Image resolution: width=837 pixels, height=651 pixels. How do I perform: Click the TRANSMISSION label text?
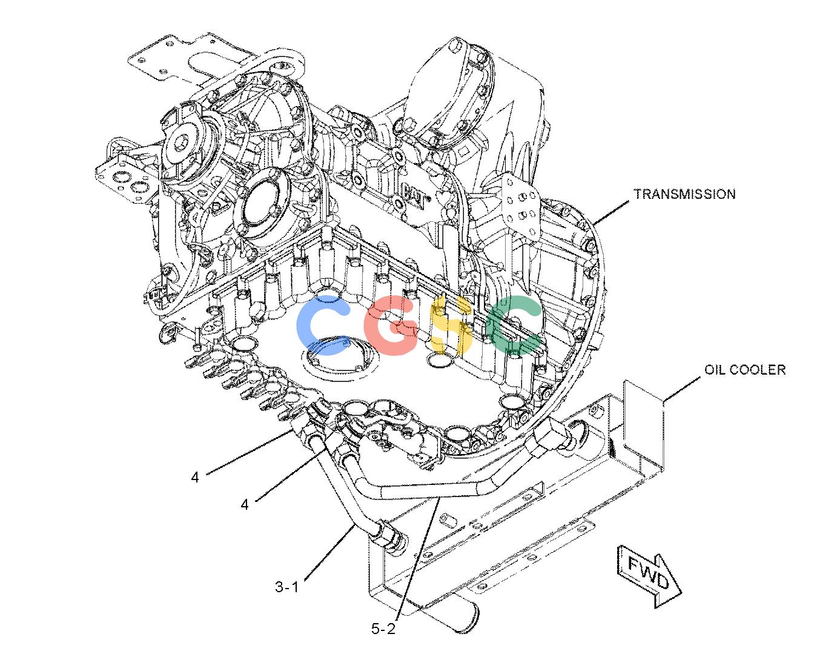684,194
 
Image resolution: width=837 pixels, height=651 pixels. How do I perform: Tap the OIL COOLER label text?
745,370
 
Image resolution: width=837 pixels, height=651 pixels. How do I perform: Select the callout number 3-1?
287,587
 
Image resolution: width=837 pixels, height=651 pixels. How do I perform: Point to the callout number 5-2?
383,629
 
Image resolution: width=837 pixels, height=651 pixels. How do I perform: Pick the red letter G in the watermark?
391,326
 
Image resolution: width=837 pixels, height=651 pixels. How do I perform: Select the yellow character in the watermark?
451,326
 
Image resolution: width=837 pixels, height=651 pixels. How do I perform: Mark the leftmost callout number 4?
195,478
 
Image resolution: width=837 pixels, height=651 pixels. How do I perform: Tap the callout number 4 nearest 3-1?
245,504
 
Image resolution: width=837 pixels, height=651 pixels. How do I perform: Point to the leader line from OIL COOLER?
682,390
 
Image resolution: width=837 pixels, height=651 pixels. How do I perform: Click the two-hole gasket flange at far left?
127,179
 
